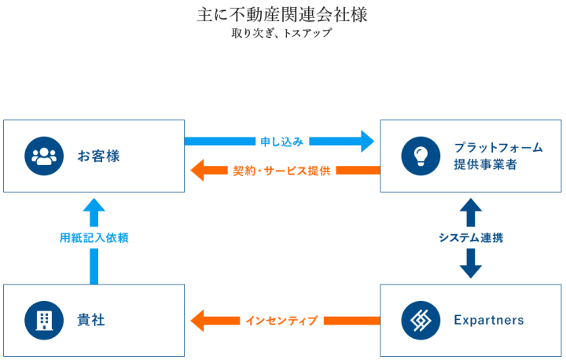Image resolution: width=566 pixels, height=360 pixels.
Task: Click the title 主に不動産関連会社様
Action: [282, 15]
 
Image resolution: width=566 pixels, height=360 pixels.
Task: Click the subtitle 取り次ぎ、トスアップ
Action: [282, 34]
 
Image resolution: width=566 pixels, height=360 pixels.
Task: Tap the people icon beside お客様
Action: [44, 156]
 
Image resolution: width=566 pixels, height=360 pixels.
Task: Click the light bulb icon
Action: [421, 156]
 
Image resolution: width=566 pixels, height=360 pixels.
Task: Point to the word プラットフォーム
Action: [498, 147]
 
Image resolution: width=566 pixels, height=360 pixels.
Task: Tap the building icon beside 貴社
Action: [44, 320]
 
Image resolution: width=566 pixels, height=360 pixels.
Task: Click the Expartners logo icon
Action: [421, 320]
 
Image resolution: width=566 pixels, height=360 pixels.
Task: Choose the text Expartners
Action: [488, 320]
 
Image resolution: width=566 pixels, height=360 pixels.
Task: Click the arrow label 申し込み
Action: [281, 141]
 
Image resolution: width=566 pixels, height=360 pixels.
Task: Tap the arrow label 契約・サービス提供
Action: [281, 170]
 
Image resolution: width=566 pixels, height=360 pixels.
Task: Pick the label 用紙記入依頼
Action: [94, 238]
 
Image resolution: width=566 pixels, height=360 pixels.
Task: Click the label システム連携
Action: [470, 238]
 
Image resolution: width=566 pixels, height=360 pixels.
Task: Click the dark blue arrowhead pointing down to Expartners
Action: [470, 270]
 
